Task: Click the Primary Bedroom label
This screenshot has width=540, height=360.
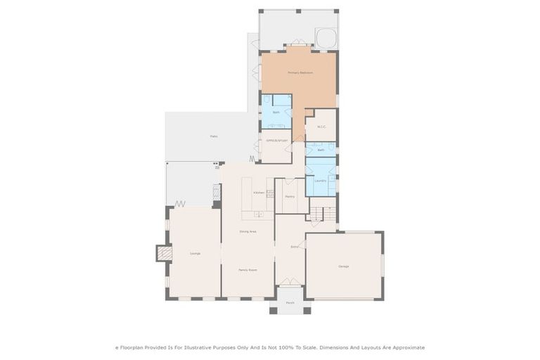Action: [x=300, y=73]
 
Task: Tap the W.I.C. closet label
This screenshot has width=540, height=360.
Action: [x=321, y=127]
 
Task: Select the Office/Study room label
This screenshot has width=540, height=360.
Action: [x=277, y=141]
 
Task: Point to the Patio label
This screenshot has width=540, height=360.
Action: [x=214, y=136]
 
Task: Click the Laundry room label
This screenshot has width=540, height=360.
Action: [x=320, y=180]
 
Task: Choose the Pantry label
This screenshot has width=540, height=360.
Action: [x=289, y=196]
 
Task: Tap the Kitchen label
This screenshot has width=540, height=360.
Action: [x=259, y=192]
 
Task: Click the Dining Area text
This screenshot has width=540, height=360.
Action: [x=247, y=231]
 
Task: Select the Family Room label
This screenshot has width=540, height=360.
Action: [x=247, y=269]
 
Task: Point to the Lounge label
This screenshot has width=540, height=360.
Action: [x=195, y=253]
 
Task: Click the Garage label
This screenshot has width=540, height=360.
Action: [x=344, y=266]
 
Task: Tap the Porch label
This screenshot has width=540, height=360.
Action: [x=290, y=303]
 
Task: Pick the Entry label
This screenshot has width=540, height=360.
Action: [x=294, y=247]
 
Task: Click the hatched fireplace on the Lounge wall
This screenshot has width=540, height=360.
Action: [x=164, y=252]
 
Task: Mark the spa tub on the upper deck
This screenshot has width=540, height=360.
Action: [x=325, y=37]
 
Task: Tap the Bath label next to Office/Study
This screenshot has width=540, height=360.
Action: [x=276, y=112]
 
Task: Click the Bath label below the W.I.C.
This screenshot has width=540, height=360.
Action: [x=321, y=150]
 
